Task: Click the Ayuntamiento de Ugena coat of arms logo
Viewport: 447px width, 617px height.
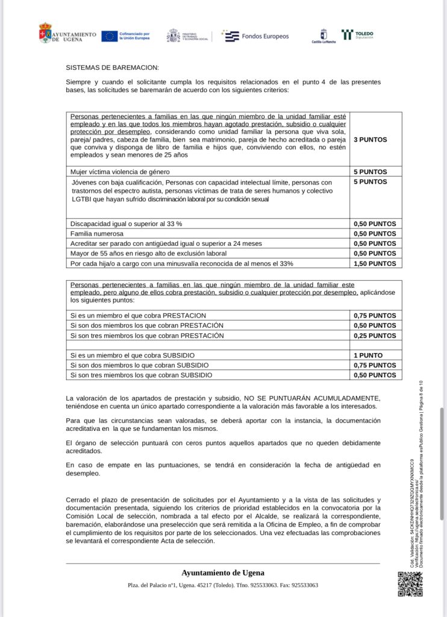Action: (45, 33)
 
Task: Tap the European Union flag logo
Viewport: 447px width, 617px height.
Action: (109, 36)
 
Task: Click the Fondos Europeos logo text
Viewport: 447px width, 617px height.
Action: (264, 36)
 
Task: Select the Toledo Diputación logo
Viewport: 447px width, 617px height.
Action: (357, 35)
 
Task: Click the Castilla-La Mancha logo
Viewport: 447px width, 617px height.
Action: (324, 36)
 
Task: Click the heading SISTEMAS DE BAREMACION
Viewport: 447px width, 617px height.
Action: (112, 68)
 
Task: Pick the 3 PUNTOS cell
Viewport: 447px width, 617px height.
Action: (370, 140)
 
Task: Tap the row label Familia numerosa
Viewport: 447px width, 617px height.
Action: (97, 233)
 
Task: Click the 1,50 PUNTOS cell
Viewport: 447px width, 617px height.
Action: (375, 263)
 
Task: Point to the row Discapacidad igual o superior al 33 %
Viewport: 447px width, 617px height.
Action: (127, 224)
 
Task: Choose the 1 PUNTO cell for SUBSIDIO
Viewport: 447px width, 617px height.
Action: (368, 355)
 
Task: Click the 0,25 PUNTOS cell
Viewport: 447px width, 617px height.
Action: (375, 336)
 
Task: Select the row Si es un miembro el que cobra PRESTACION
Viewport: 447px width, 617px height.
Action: (138, 316)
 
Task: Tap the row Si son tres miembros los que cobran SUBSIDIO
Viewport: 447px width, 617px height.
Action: (142, 375)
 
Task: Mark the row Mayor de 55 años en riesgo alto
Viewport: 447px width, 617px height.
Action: (148, 254)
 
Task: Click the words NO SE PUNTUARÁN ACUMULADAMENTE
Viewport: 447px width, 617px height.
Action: (311, 398)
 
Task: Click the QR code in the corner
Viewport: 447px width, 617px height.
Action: (410, 584)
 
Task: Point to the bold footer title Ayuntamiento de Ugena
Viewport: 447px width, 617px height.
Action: (223, 573)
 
